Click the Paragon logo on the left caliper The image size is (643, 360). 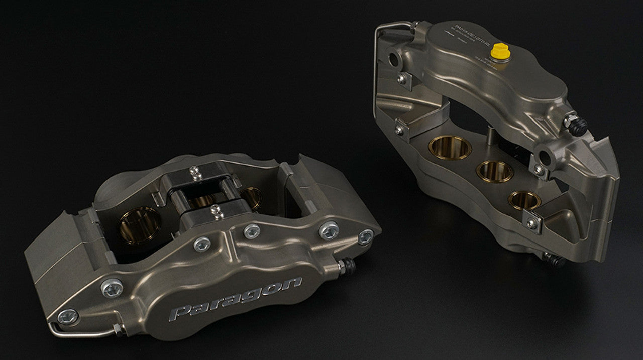(x=236, y=299)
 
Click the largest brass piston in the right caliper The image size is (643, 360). (x=450, y=147)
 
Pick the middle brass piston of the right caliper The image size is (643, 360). (x=495, y=171)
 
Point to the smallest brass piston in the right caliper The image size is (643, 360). (x=524, y=200)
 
